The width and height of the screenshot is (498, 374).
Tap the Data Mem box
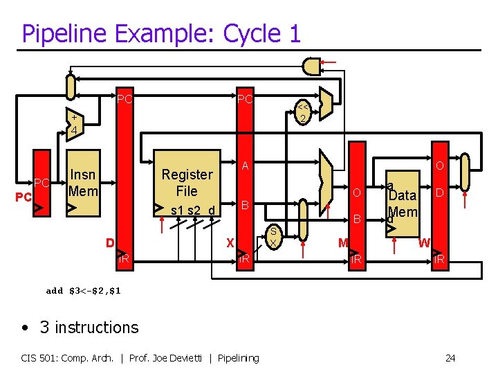pos(403,201)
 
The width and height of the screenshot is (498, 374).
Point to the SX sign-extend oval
pos(273,238)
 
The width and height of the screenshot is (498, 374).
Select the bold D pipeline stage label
pos(109,242)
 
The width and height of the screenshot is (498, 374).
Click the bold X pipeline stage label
pos(230,242)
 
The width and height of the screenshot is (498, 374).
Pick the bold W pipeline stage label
pos(424,242)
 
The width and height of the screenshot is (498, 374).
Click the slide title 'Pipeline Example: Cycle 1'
pos(161,33)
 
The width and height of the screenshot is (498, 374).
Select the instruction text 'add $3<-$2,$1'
pos(83,291)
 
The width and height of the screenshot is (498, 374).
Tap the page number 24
pos(450,358)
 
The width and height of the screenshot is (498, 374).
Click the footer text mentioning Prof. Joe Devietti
pos(140,358)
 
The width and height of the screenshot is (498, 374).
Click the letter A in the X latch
pos(246,166)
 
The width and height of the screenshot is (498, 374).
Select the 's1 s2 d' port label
pos(192,210)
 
